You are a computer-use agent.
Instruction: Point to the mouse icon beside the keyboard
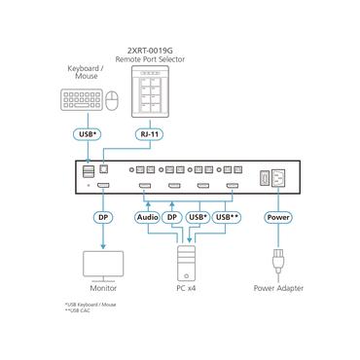click(113, 99)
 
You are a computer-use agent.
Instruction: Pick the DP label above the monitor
click(102, 216)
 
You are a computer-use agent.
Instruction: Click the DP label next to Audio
click(172, 216)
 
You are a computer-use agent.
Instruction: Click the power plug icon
click(277, 263)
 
